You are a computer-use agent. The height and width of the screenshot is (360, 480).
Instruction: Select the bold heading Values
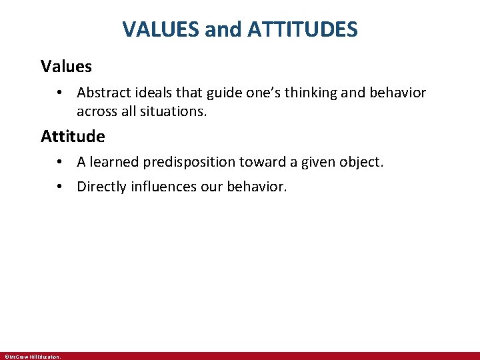coord(66,66)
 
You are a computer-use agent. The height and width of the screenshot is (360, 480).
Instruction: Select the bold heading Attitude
coord(73,137)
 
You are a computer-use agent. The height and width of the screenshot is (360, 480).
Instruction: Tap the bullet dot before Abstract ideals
coord(59,93)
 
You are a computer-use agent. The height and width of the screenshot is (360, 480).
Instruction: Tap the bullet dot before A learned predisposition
coord(59,162)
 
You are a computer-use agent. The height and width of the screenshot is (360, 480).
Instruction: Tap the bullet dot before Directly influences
coord(59,187)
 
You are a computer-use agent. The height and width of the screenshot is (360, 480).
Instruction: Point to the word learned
coord(114,162)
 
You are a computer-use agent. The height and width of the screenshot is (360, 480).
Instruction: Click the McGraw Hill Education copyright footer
coord(32,357)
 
